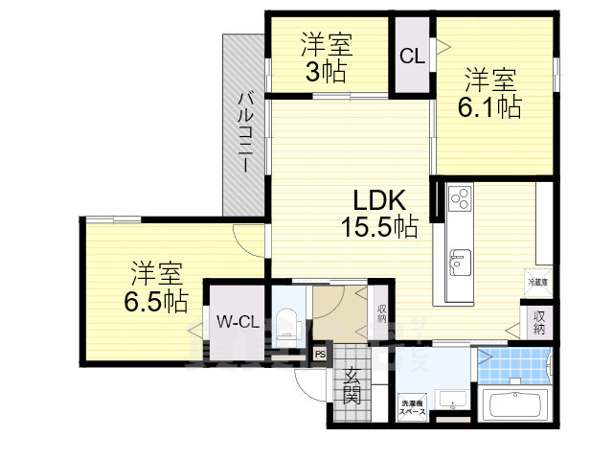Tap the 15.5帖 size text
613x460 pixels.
pos(378,227)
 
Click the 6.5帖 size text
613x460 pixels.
pos(155,300)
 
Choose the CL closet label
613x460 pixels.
pos(412,57)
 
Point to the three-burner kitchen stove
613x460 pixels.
pos(459,198)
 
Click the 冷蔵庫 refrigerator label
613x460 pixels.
pos(536,282)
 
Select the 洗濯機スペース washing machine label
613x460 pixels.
pos(413,407)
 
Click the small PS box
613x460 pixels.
pos(320,355)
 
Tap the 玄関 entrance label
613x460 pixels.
pos(352,384)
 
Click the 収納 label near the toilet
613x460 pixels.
pos(380,313)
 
